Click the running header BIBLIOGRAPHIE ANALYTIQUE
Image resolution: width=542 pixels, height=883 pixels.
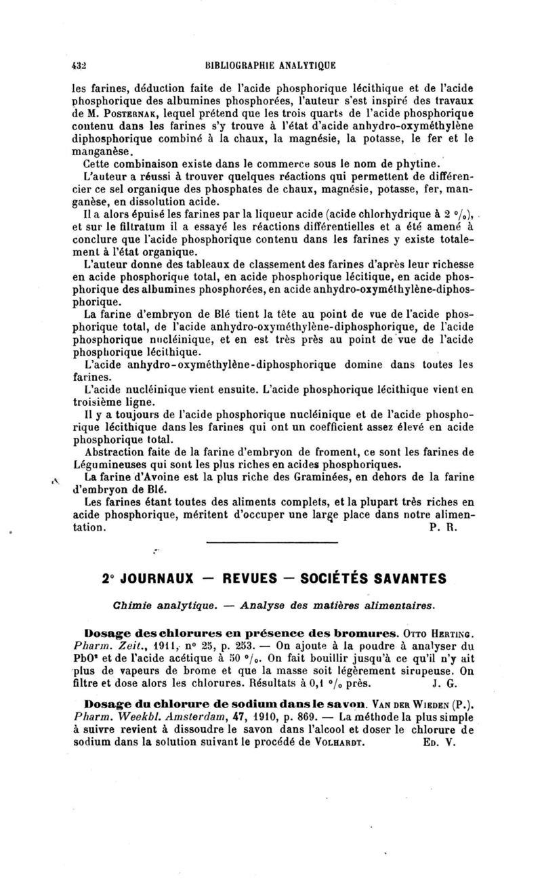pos(270,66)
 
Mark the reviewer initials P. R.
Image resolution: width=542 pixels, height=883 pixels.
pos(444,527)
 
